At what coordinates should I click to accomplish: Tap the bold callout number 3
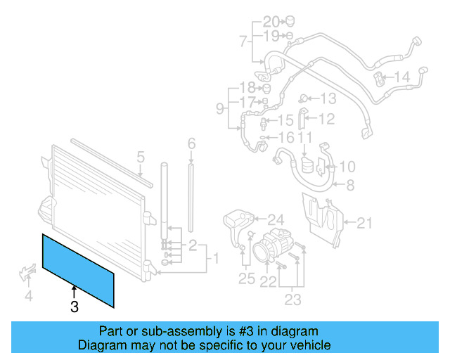click(x=74, y=307)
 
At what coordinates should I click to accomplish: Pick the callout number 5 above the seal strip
click(x=140, y=157)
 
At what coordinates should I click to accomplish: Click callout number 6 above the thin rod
click(x=191, y=144)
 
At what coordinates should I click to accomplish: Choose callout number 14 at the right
click(x=401, y=77)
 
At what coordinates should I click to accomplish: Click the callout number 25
click(x=246, y=279)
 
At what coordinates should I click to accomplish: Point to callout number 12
click(x=326, y=119)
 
